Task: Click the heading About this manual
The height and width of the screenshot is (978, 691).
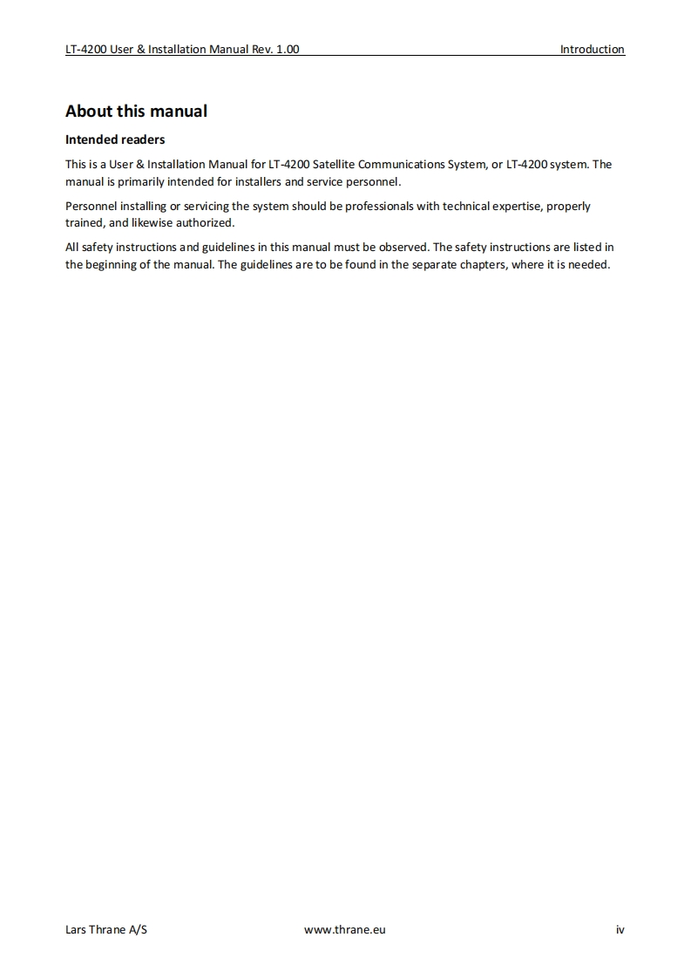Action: [136, 112]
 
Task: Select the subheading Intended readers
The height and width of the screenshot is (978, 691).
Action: [115, 139]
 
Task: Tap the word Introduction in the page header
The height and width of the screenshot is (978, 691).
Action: [592, 50]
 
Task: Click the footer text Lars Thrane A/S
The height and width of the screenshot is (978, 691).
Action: [106, 929]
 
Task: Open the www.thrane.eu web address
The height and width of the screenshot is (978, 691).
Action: [344, 929]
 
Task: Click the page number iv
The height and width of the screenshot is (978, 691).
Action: [620, 929]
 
